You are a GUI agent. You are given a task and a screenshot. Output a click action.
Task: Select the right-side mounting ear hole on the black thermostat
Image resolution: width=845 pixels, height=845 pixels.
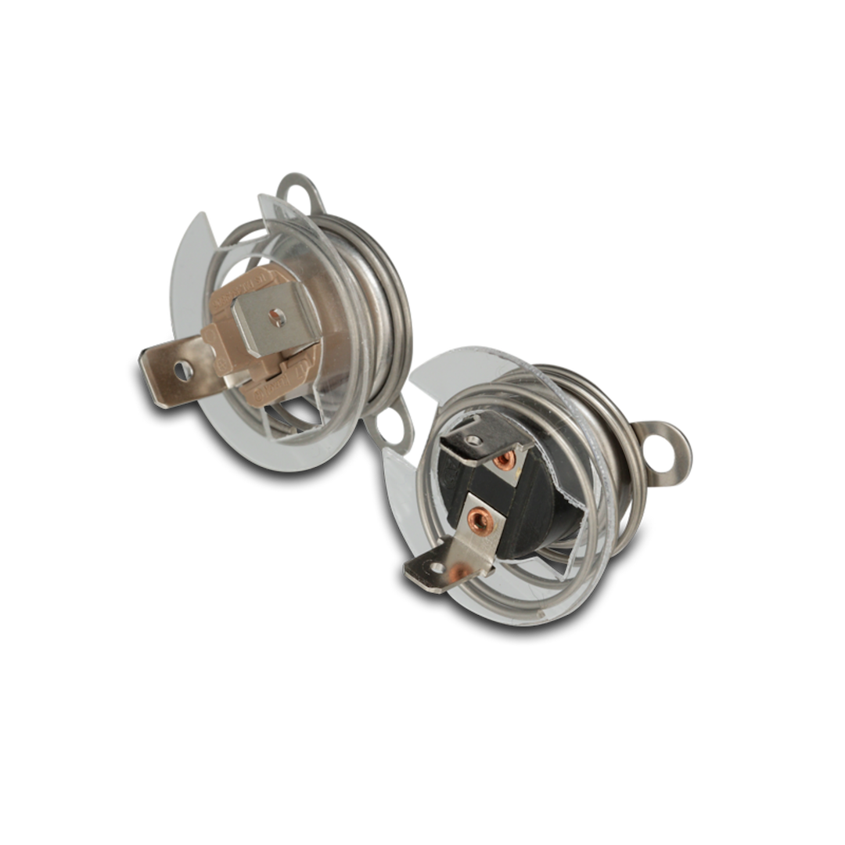point(672,452)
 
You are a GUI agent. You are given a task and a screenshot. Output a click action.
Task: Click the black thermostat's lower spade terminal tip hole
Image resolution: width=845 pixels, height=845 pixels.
point(419,569)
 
